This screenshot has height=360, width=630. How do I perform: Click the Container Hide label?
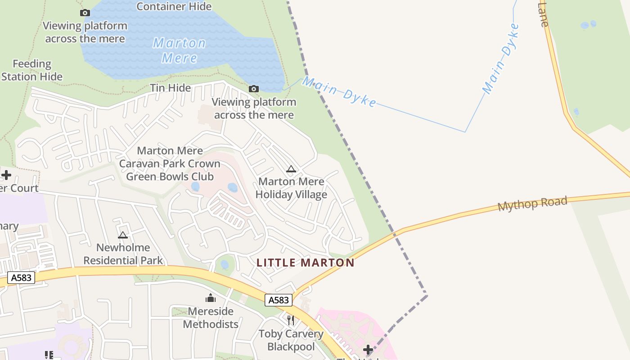tap(174, 7)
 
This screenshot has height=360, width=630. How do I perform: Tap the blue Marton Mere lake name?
tap(179, 50)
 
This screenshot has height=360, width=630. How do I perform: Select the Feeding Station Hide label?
tap(32, 70)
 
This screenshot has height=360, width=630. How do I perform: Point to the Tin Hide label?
tap(171, 88)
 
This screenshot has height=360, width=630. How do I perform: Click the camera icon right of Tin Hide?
tap(254, 89)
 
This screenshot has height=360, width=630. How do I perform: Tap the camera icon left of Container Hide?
tap(85, 13)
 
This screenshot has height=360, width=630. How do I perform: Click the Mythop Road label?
tap(532, 204)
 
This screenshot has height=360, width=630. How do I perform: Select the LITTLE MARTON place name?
tap(306, 262)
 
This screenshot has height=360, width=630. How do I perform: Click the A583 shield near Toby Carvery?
tap(279, 300)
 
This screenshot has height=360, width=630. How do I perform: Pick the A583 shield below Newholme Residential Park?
tap(21, 278)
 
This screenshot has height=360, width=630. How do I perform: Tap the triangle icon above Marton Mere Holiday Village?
tap(291, 169)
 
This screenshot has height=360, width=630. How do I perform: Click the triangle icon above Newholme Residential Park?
tap(123, 235)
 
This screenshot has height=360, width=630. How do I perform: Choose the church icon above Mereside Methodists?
tap(210, 298)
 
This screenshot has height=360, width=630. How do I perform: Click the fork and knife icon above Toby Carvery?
tap(291, 320)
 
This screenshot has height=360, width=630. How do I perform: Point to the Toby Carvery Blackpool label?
tap(291, 340)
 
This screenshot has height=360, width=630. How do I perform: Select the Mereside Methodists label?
tap(211, 318)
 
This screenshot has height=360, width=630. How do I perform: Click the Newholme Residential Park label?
tap(123, 254)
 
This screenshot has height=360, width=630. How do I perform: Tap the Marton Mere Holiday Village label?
tap(291, 188)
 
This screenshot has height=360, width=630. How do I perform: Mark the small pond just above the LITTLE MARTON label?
tap(225, 265)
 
